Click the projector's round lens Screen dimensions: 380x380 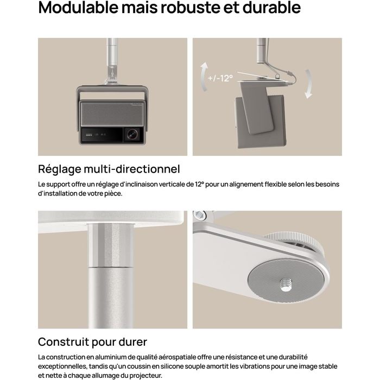point(133,134)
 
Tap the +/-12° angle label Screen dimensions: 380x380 point(220,78)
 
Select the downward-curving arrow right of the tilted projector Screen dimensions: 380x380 point(308,84)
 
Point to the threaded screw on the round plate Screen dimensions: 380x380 point(286,284)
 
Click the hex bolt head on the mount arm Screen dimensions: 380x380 point(200,214)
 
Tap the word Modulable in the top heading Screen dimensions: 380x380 point(78,7)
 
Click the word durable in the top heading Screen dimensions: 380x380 point(271,7)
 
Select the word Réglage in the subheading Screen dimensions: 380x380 point(60,169)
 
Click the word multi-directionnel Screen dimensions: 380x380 point(132,169)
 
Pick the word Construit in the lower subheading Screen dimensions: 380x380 point(64,341)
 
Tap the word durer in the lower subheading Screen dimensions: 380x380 point(133,341)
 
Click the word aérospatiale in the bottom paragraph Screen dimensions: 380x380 point(176,357)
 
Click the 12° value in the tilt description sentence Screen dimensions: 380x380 point(200,185)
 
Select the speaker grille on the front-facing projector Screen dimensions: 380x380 point(112,114)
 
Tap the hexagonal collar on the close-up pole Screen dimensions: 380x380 point(111,245)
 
